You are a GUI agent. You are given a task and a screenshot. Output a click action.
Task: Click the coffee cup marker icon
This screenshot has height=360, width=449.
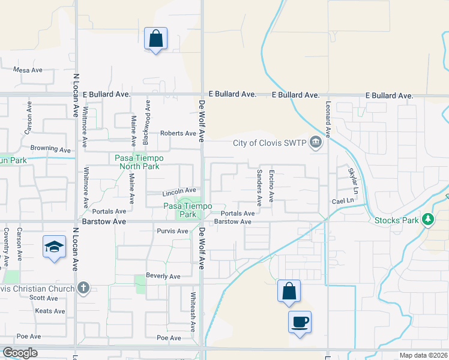[x=300, y=322]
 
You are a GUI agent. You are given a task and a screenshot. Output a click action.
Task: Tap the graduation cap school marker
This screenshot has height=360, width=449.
[x=55, y=247]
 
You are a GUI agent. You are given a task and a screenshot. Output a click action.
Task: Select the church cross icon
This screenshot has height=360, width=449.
[x=83, y=289]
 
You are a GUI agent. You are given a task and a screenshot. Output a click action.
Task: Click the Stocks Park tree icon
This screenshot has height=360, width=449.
[x=427, y=220]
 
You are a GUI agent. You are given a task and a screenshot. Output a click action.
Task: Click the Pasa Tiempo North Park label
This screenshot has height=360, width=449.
[x=137, y=162]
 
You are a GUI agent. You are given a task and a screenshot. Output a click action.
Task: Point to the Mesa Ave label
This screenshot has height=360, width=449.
[x=28, y=70]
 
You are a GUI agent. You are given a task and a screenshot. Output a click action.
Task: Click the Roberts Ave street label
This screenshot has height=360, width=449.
[x=178, y=133]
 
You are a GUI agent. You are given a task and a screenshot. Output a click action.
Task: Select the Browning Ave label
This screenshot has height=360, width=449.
[x=51, y=148]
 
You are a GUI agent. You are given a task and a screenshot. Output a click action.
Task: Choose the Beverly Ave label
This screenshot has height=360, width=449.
[x=163, y=277]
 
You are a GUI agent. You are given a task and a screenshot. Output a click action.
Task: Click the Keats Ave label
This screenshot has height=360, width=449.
[x=50, y=311]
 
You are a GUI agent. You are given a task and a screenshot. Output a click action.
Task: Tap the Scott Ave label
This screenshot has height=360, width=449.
[x=44, y=298]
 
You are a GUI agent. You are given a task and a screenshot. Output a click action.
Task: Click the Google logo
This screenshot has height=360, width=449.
[x=20, y=353]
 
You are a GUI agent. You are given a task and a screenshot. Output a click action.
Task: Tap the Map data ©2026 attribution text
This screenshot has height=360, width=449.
[x=423, y=356]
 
